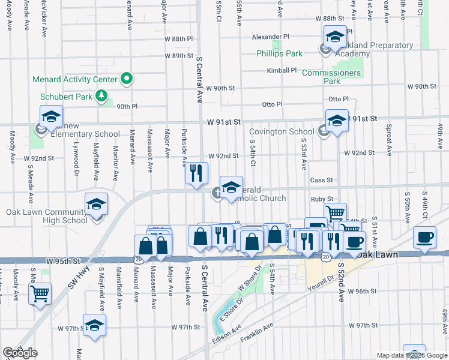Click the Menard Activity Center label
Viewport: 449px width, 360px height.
(x=74, y=79)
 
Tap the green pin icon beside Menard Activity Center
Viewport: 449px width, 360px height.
(x=126, y=79)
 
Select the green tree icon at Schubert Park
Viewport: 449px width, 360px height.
(x=101, y=95)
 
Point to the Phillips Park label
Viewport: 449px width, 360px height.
(x=279, y=53)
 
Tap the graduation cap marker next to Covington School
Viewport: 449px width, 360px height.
(x=337, y=120)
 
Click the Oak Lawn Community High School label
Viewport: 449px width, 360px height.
(x=47, y=216)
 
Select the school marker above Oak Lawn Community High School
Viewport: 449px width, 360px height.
(x=96, y=205)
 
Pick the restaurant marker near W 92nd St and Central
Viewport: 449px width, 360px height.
(x=196, y=173)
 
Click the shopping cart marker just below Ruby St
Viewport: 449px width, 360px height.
(x=336, y=213)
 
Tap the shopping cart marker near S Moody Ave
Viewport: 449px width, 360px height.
(x=40, y=293)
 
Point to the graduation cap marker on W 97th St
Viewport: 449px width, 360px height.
(x=94, y=325)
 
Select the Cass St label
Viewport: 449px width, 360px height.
(x=321, y=180)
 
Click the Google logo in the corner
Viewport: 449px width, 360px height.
(x=20, y=353)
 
